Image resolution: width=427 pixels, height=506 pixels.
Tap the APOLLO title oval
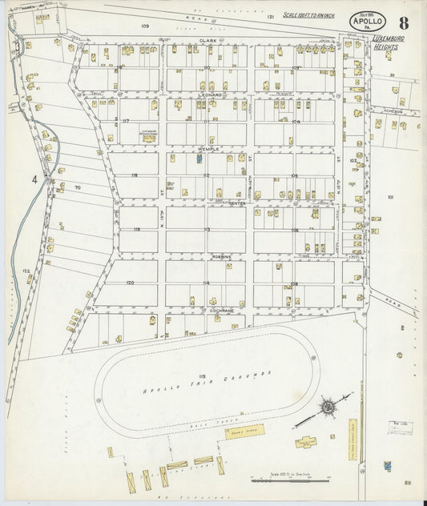366,22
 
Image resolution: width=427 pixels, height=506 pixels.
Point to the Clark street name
209,40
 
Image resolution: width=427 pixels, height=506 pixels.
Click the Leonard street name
209,94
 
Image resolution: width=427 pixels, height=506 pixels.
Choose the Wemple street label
209,149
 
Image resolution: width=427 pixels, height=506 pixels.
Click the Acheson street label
393,112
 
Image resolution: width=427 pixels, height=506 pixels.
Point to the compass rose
328,408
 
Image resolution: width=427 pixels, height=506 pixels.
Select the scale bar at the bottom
290,477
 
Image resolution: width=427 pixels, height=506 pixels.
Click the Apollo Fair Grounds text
207,382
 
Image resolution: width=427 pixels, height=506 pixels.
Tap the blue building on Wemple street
199,159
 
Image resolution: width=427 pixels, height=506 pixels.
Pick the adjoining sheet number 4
35,179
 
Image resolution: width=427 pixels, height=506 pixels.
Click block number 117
126,120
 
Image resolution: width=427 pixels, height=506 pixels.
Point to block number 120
129,283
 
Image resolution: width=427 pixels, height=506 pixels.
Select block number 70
77,187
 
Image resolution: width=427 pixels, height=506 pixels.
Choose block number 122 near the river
27,271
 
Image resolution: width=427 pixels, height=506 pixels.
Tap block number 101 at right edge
391,196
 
